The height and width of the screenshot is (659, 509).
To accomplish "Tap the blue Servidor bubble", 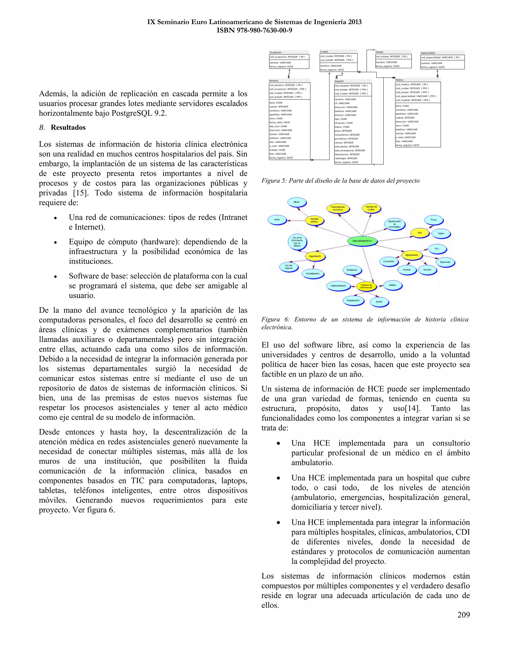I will tap(427, 270).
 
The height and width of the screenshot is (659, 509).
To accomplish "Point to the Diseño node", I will tap(379, 301).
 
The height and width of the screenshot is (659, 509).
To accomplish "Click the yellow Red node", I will tap(420, 233).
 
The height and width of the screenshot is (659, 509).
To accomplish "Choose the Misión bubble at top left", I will tap(297, 202).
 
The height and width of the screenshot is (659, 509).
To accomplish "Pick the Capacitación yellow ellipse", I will tap(315, 256).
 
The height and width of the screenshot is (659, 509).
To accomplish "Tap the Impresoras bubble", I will tap(445, 262).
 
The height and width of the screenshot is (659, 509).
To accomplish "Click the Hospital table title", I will tap(339, 81).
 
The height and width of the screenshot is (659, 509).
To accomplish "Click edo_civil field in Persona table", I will tap(278, 126).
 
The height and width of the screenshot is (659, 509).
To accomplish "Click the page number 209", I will tap(463, 615).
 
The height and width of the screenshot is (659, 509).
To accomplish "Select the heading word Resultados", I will tap(68, 127).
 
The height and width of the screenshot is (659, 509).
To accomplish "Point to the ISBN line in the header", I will tap(254, 30).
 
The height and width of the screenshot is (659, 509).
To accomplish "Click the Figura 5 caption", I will tap(340, 181).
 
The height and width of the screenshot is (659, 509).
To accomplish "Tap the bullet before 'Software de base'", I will tap(55, 276).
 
